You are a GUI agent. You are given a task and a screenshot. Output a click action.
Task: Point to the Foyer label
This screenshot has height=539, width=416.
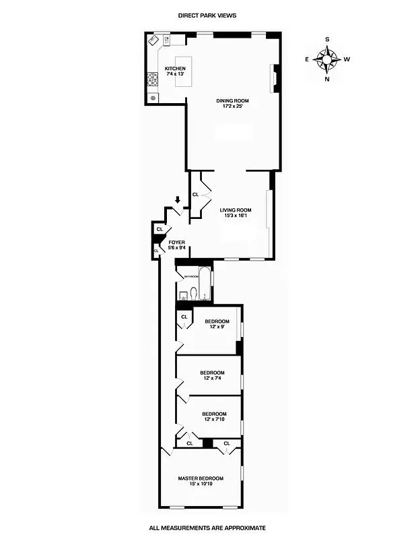176,245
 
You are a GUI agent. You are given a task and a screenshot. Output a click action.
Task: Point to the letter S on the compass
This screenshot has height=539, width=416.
327,40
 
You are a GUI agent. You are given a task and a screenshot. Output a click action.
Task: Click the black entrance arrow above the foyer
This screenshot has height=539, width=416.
177,200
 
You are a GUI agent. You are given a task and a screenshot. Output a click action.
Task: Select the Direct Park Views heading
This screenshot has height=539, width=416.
207,15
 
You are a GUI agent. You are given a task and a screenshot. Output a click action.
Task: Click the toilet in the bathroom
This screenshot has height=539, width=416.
194,293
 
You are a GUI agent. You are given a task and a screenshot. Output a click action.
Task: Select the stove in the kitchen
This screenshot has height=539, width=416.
153,81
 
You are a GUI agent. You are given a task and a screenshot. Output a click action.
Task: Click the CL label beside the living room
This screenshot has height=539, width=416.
195,195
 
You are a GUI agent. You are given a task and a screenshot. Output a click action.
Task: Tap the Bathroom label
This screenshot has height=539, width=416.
191,276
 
